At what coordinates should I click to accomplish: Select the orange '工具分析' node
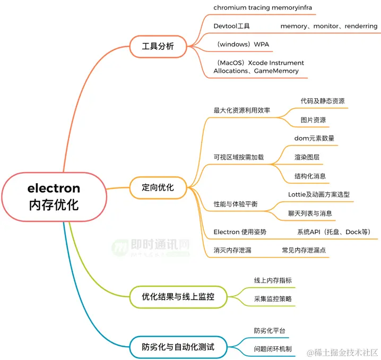click(158, 46)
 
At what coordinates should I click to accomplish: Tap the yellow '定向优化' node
click(158, 187)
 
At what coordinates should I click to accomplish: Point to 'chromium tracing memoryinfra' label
click(263, 7)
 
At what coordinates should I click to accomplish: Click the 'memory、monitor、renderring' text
click(328, 26)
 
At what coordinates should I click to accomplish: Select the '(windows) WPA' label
click(243, 44)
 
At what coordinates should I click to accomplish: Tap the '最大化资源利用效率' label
click(241, 110)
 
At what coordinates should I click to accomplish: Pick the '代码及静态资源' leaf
click(318, 101)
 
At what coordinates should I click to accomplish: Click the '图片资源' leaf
click(313, 120)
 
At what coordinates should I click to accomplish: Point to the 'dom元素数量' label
click(314, 138)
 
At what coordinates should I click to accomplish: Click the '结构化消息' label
click(310, 176)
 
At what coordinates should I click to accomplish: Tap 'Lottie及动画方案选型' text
click(318, 194)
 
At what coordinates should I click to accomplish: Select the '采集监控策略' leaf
click(273, 299)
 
